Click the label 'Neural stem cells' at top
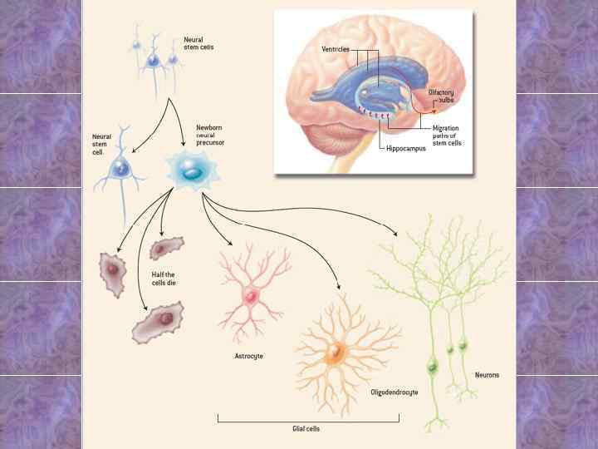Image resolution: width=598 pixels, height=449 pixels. click(x=199, y=42)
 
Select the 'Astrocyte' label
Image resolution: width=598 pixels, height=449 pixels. click(x=249, y=355)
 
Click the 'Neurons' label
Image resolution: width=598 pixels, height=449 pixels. click(x=487, y=375)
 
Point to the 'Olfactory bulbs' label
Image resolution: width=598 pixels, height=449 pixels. click(x=441, y=96)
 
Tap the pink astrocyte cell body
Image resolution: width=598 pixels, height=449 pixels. click(x=250, y=296)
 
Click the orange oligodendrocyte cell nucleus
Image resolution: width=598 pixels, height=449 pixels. click(x=335, y=353)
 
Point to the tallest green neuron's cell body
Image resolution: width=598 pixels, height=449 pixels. click(x=432, y=365)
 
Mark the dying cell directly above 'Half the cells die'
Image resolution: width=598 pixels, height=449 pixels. click(x=167, y=248)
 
